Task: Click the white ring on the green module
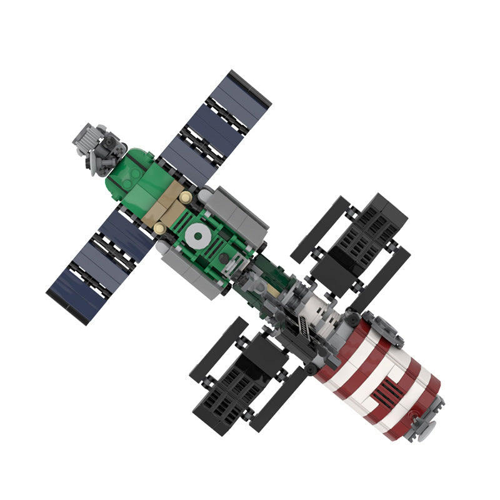[x=199, y=235]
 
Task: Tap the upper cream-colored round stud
[x=186, y=197]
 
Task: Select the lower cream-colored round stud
[x=160, y=229]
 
